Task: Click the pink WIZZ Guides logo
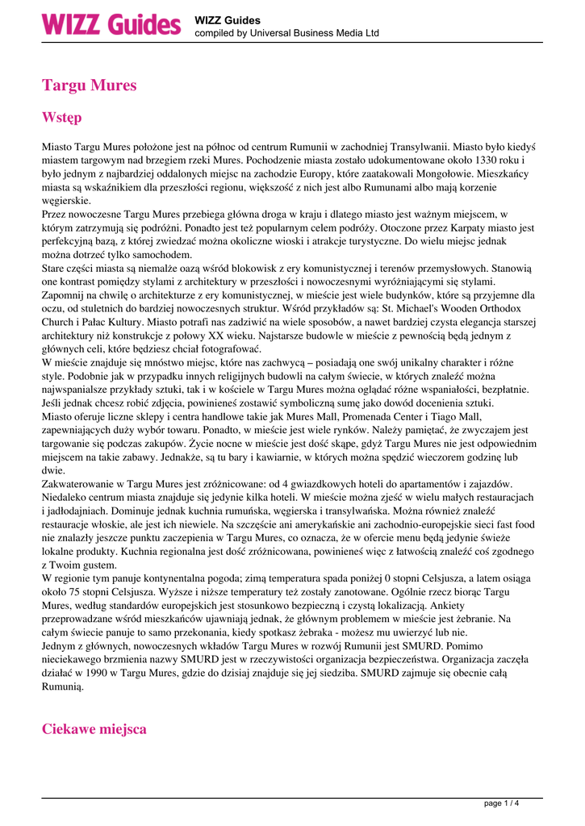click(111, 24)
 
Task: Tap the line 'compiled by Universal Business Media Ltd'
click(286, 33)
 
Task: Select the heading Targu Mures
click(89, 85)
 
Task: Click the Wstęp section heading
click(61, 117)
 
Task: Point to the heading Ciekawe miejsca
click(94, 728)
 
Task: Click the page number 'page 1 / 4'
click(501, 803)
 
